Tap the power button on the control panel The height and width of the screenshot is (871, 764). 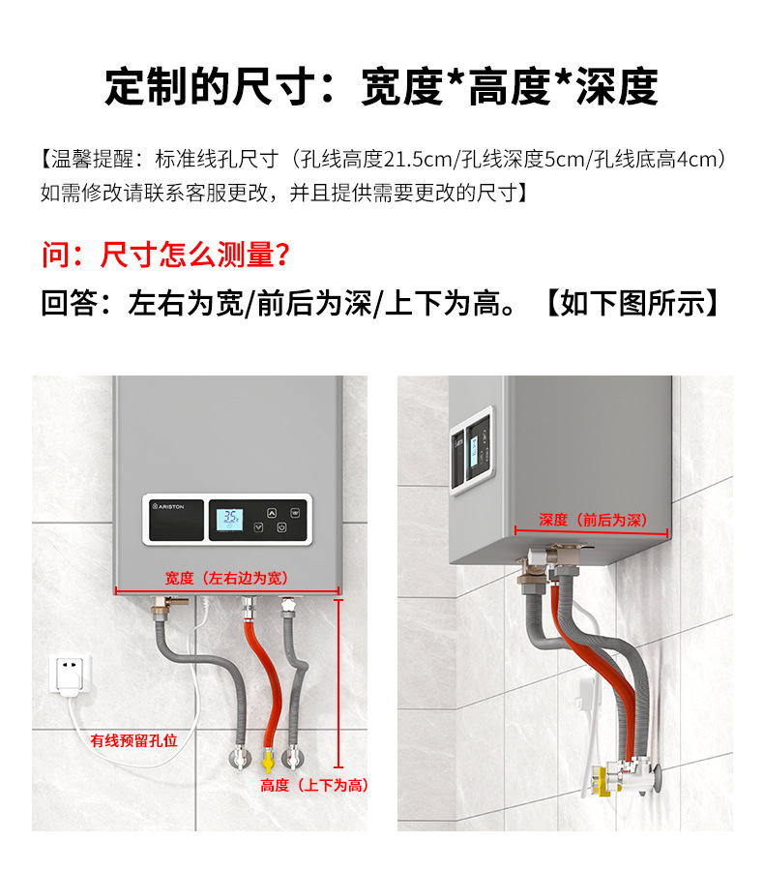point(281,528)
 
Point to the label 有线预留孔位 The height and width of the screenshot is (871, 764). point(134,740)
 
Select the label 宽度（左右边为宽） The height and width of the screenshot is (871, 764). point(226,578)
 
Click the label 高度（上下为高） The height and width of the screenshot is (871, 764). point(315,785)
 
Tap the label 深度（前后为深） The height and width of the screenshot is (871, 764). point(592,520)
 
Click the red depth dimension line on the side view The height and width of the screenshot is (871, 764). point(592,531)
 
